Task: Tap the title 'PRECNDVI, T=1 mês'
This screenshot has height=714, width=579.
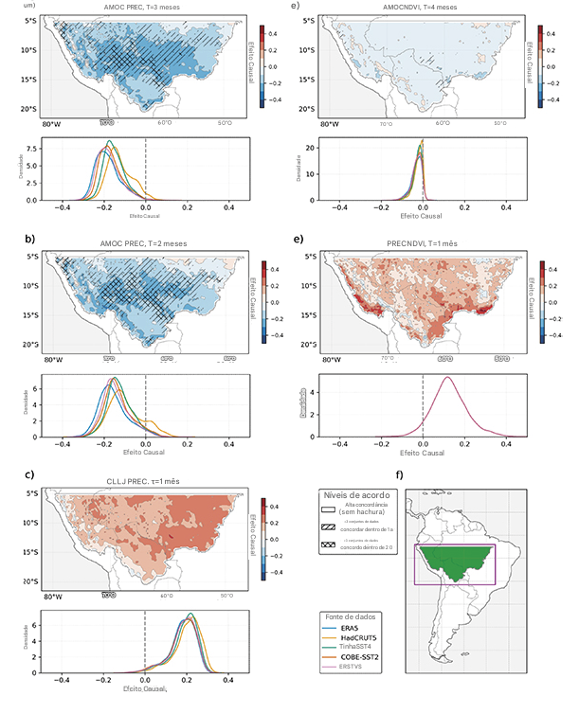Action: (422, 244)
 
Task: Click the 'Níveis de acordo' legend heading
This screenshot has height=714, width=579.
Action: (355, 495)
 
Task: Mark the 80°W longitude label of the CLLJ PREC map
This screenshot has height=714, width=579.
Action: (51, 596)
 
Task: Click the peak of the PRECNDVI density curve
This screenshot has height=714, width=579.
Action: (447, 377)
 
